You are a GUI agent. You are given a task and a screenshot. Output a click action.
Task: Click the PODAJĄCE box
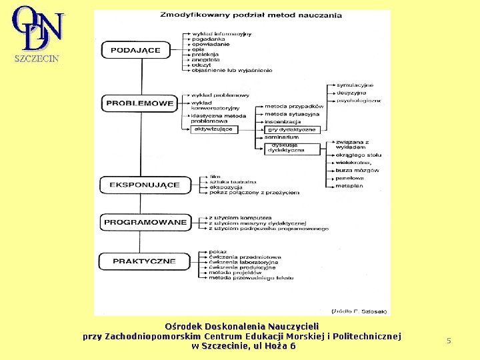coord(135,50)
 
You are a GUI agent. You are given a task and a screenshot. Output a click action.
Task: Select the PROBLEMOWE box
coord(140,103)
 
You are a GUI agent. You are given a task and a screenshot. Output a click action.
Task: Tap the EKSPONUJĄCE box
coord(143,185)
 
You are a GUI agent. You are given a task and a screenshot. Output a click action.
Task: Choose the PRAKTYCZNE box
coord(143,261)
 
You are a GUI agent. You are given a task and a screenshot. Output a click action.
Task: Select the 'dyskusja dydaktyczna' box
coord(286,148)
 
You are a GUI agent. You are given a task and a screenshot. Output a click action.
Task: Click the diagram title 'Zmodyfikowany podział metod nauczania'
coord(251,15)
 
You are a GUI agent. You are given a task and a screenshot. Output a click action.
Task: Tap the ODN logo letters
coord(38,28)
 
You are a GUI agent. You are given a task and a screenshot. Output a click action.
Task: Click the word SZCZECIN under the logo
coord(37,58)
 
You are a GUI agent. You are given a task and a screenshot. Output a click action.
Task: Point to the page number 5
coord(449,341)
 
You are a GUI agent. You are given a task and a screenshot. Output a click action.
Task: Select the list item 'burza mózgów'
coord(353,171)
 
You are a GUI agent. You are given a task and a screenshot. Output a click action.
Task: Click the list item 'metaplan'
coord(349,186)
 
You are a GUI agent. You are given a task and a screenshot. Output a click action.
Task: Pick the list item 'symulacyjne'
coord(355,85)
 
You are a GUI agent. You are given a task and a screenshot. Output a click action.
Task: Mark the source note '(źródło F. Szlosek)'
coord(359,311)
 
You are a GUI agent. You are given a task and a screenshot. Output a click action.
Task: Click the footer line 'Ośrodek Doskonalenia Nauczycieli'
coord(242,326)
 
